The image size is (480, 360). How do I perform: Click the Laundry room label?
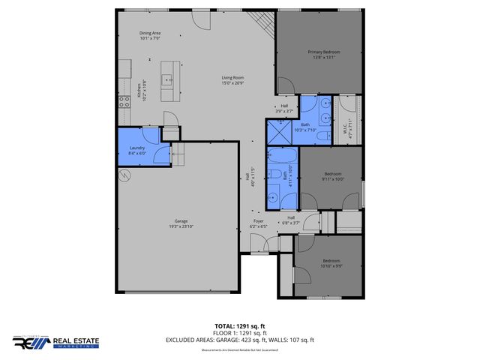[x=136, y=150]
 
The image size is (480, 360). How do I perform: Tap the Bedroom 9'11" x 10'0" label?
[x=331, y=175]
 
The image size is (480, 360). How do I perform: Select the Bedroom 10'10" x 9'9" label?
[x=331, y=264]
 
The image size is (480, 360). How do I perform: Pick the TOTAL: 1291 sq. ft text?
[x=240, y=326]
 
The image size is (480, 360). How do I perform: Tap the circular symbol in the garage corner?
[x=124, y=175]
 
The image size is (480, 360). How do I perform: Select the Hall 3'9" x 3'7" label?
[x=284, y=108]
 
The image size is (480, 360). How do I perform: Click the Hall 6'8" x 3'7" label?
[x=290, y=220]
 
